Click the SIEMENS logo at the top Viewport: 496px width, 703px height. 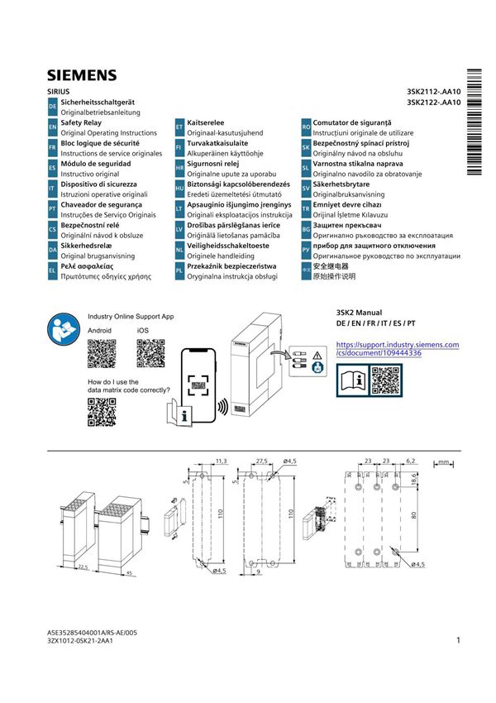pos(81,76)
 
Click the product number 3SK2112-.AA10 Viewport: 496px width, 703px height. pos(433,91)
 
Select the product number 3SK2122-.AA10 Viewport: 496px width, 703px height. pos(433,103)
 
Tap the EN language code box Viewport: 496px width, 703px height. pos(52,127)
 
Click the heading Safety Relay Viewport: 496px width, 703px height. pos(80,122)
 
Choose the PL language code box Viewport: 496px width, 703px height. pos(179,272)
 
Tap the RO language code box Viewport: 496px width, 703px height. pos(306,127)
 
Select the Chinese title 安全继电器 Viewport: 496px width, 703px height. pos(325,267)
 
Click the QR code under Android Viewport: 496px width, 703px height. pos(101,353)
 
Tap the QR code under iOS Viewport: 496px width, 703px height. pos(150,353)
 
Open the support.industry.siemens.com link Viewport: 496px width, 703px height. pos(397,348)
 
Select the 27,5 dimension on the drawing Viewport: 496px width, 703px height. pos(261,459)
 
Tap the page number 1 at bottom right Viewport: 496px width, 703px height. pos(457,640)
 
